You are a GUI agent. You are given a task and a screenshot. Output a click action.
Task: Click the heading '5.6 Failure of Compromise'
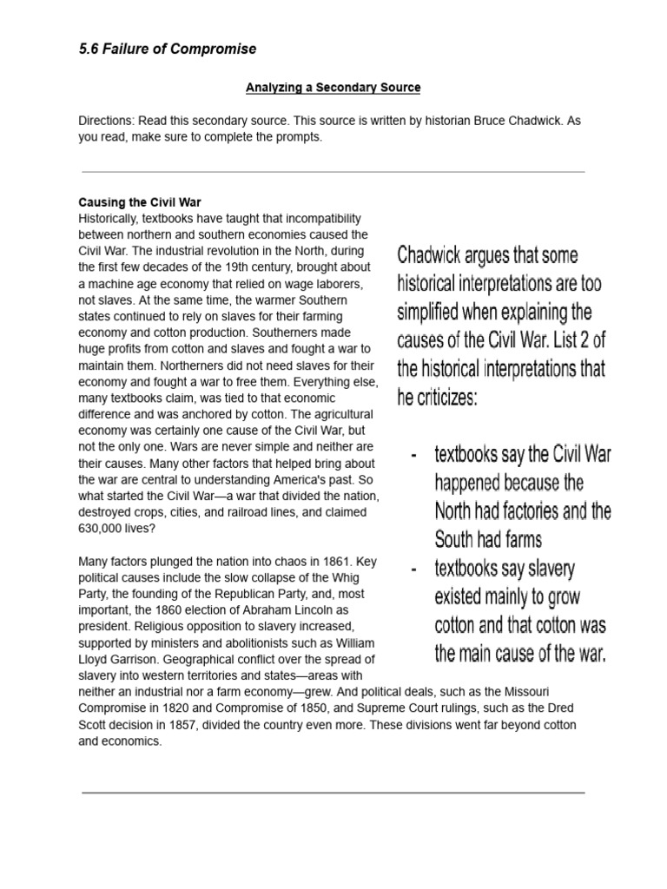168,49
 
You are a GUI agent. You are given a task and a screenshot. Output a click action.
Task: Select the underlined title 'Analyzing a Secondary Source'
333,88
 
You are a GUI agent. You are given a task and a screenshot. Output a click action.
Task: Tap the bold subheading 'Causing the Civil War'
140,202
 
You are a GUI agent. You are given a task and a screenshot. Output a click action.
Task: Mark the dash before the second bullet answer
415,570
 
